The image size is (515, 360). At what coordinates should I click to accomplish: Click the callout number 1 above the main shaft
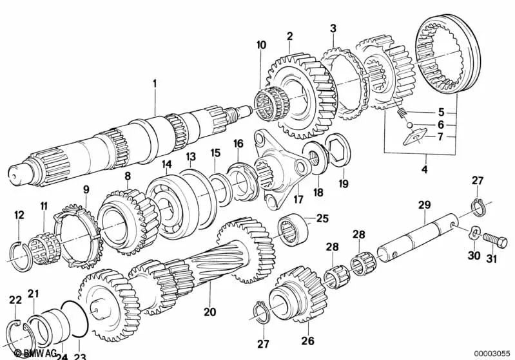155,83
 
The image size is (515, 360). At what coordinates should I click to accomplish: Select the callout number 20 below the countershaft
209,313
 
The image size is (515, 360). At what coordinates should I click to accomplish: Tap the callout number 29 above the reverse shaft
423,205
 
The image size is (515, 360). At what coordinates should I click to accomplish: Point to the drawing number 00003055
492,354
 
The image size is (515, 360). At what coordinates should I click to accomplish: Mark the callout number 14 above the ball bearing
166,166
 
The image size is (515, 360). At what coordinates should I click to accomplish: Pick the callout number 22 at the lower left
15,299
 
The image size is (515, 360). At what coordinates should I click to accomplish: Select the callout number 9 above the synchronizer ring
86,189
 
